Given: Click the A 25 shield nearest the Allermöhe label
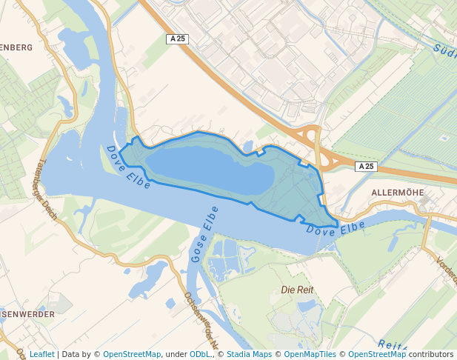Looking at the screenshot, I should tap(366, 167).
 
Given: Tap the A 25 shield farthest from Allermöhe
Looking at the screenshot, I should tap(176, 39).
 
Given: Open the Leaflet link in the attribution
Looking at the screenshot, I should tap(41, 354).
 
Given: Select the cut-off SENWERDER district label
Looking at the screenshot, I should tap(27, 314).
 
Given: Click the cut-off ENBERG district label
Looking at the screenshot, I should tap(16, 47).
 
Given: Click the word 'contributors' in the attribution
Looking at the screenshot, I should tap(431, 354).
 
